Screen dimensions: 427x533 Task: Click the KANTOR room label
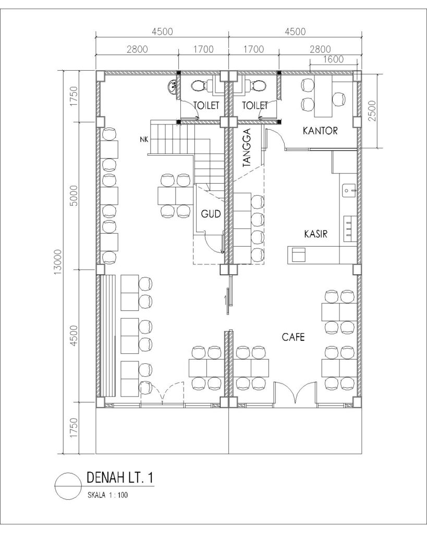pos(320,131)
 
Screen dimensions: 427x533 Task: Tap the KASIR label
pos(315,234)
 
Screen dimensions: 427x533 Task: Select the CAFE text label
pos(293,337)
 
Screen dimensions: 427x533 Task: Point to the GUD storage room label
pos(211,214)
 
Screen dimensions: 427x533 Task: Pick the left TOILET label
pos(206,105)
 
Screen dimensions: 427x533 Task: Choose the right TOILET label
pos(255,105)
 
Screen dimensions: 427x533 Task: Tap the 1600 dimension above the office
pos(333,59)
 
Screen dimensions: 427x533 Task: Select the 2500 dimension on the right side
pos(372,110)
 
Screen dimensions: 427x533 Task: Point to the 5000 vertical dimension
pos(74,196)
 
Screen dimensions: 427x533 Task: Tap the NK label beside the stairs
pos(144,139)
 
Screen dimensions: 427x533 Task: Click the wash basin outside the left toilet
pos(172,86)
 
